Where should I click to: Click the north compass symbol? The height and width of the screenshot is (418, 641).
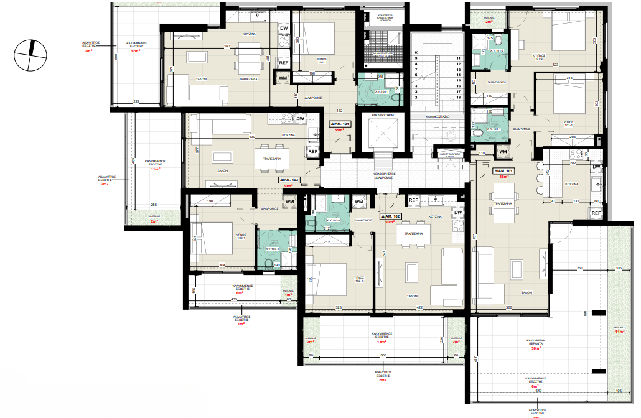click(x=29, y=53)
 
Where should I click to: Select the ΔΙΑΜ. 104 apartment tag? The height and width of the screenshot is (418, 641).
click(x=342, y=124)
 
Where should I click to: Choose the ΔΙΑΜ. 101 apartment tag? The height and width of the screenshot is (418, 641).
click(x=503, y=170)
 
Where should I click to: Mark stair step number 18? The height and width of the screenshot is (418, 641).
click(x=458, y=98)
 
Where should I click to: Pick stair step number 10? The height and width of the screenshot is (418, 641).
click(x=416, y=53)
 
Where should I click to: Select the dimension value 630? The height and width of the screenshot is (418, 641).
click(x=252, y=137)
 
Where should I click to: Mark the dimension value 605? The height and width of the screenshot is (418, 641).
click(x=383, y=355)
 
